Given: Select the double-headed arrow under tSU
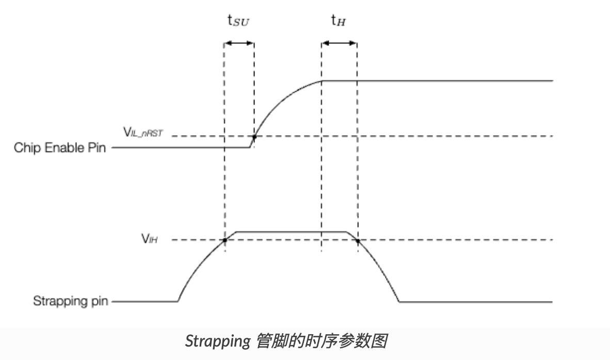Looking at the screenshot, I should pos(239,44).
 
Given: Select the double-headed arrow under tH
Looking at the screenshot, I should pos(339,44).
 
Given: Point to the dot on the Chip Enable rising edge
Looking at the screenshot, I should pos(254,137).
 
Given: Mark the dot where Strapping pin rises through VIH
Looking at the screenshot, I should pos(225,240).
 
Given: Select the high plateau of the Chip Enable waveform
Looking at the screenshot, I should pos(439,81).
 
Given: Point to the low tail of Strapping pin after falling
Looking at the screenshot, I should pos(475,302).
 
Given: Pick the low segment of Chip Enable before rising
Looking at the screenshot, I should pos(181,148).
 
